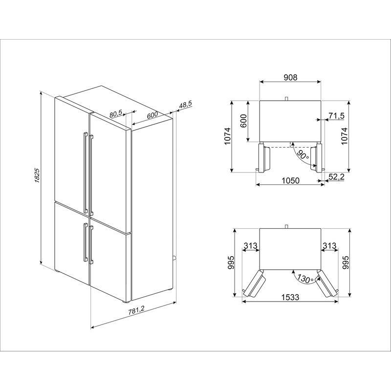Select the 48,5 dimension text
coord(185,105)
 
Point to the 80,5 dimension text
coord(116,114)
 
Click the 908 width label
coord(290,77)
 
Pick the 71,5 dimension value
coord(336,116)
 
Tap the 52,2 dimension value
coord(336,177)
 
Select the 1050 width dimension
coord(290,180)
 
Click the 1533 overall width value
coord(290,297)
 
